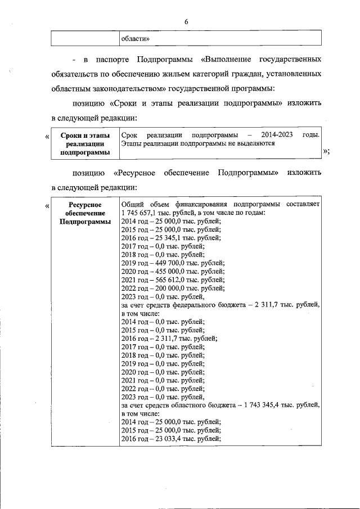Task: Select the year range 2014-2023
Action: click(x=276, y=135)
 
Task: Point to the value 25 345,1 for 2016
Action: click(x=165, y=237)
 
